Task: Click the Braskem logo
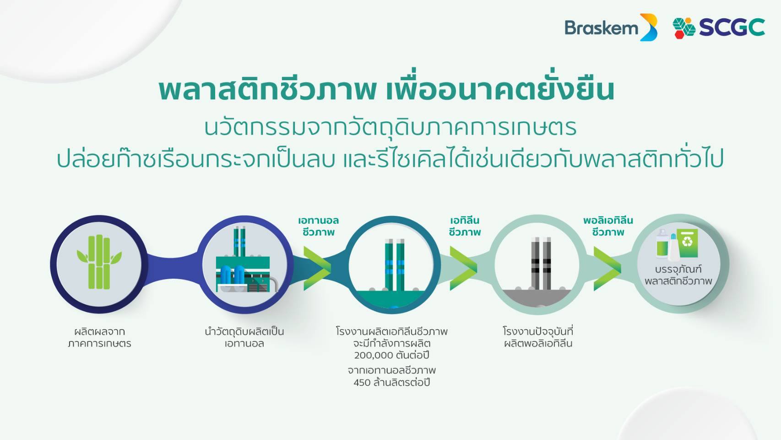pyautogui.click(x=611, y=27)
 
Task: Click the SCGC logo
pyautogui.click(x=719, y=27)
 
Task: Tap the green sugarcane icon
pyautogui.click(x=99, y=262)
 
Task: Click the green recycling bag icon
pyautogui.click(x=687, y=243)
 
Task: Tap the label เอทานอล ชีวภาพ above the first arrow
pyautogui.click(x=318, y=226)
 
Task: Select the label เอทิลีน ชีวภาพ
pyautogui.click(x=465, y=226)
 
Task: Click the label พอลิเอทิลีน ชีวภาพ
pyautogui.click(x=608, y=226)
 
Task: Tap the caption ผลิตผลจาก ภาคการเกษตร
pyautogui.click(x=99, y=337)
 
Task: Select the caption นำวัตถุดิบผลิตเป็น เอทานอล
pyautogui.click(x=244, y=337)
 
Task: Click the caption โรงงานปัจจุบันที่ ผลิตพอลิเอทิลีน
pyautogui.click(x=538, y=337)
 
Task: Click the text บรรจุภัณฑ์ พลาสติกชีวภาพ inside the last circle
pyautogui.click(x=678, y=275)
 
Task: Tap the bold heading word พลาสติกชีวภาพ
pyautogui.click(x=267, y=89)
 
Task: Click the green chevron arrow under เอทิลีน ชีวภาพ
pyautogui.click(x=463, y=268)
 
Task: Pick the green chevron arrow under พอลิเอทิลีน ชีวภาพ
pyautogui.click(x=607, y=268)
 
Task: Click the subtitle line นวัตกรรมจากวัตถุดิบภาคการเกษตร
pyautogui.click(x=390, y=128)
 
